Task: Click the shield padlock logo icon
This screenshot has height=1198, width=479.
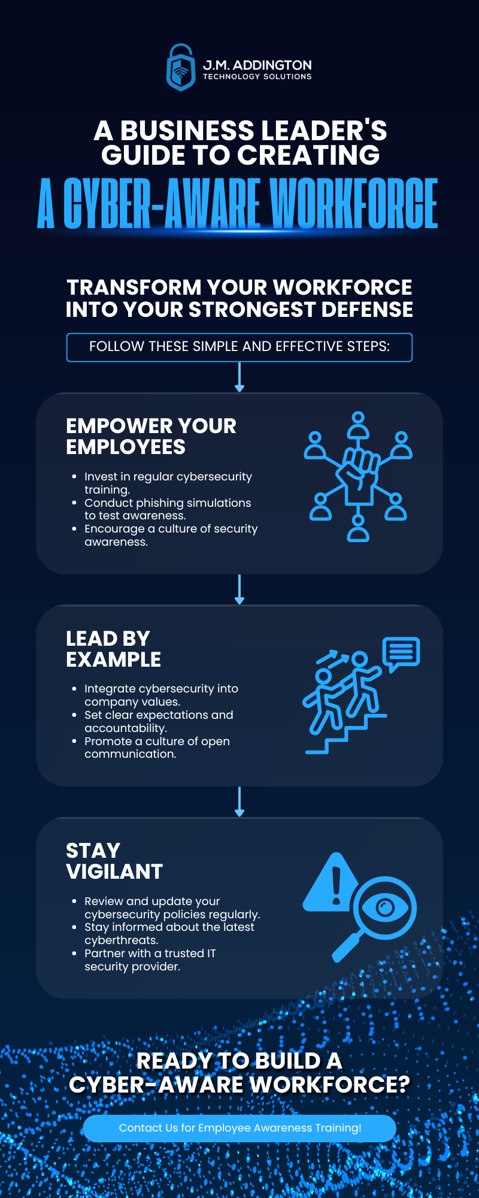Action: (x=181, y=68)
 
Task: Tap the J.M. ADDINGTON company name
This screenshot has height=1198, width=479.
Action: (x=257, y=65)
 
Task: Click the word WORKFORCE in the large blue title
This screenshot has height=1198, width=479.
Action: (x=354, y=204)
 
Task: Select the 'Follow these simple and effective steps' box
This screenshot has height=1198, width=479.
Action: (x=239, y=347)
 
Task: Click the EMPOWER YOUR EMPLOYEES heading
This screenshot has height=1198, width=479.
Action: (x=151, y=437)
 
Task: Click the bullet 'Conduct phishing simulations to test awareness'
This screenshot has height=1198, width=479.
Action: (x=168, y=509)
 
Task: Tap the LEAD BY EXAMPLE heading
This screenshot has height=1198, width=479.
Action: (x=113, y=649)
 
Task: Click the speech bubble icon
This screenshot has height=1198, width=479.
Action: (x=401, y=654)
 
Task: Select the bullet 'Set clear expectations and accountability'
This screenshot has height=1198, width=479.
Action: (x=159, y=721)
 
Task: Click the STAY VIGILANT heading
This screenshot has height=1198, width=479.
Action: (x=114, y=861)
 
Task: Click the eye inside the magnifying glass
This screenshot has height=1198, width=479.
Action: (x=385, y=908)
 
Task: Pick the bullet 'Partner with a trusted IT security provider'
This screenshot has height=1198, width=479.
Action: (x=150, y=960)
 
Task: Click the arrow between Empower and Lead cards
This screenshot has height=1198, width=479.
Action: (x=239, y=589)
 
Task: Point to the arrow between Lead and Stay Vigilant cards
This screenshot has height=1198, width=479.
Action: (x=239, y=802)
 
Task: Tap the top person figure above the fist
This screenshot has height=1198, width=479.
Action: (x=358, y=425)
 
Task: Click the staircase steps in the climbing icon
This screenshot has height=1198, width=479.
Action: (x=346, y=734)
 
